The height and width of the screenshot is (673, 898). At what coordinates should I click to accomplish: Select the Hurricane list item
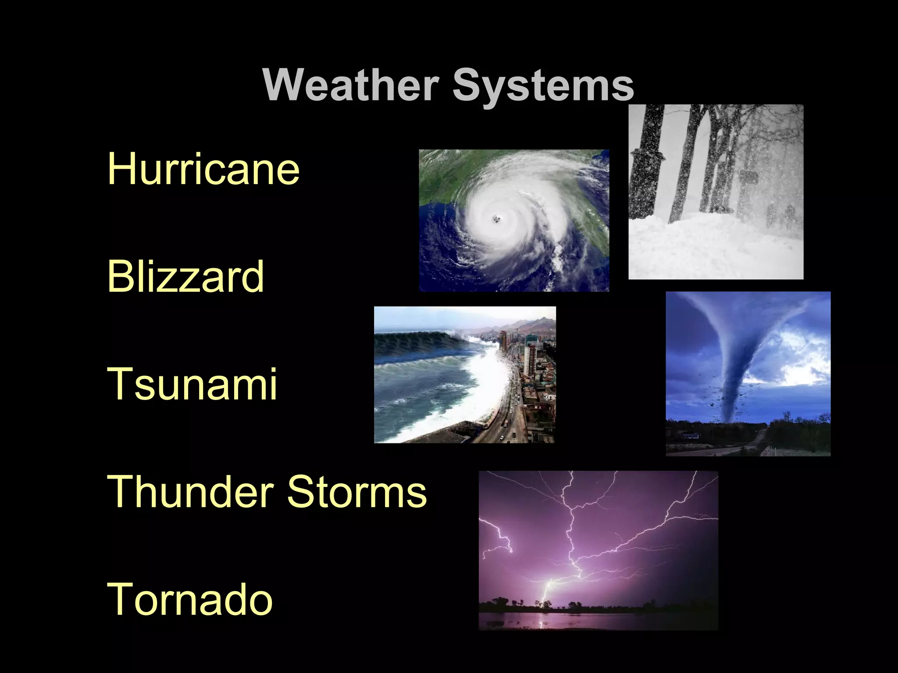point(203,169)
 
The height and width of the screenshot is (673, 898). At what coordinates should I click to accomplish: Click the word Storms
point(356,491)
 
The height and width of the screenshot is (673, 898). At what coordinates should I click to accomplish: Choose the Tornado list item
point(190,599)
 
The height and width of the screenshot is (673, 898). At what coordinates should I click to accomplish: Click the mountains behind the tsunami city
point(526,324)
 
